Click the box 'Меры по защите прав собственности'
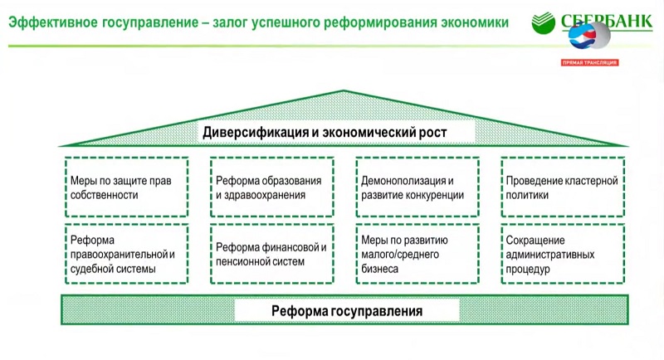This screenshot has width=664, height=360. (x=127, y=187)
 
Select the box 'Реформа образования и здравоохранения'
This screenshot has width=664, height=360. (x=272, y=187)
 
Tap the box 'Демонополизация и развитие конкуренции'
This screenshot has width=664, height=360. (x=417, y=187)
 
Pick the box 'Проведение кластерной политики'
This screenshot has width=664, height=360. (x=563, y=187)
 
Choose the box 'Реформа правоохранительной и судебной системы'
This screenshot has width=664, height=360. (x=127, y=254)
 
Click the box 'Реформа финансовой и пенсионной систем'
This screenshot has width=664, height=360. (x=272, y=254)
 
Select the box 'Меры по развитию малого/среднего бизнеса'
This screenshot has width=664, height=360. (x=417, y=254)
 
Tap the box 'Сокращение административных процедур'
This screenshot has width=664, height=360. (x=563, y=254)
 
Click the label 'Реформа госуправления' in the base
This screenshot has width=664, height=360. (x=347, y=311)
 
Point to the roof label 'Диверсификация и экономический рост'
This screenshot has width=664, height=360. (x=325, y=133)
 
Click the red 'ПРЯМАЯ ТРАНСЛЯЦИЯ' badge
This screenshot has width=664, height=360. (x=590, y=62)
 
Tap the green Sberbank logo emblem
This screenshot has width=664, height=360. (x=544, y=22)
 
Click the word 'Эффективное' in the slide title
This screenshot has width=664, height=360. (x=53, y=22)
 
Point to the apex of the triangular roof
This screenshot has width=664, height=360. (x=344, y=90)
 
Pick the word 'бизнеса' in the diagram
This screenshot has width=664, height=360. (x=379, y=269)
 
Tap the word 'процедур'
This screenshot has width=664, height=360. (x=528, y=270)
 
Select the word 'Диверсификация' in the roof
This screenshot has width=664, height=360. (x=256, y=133)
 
